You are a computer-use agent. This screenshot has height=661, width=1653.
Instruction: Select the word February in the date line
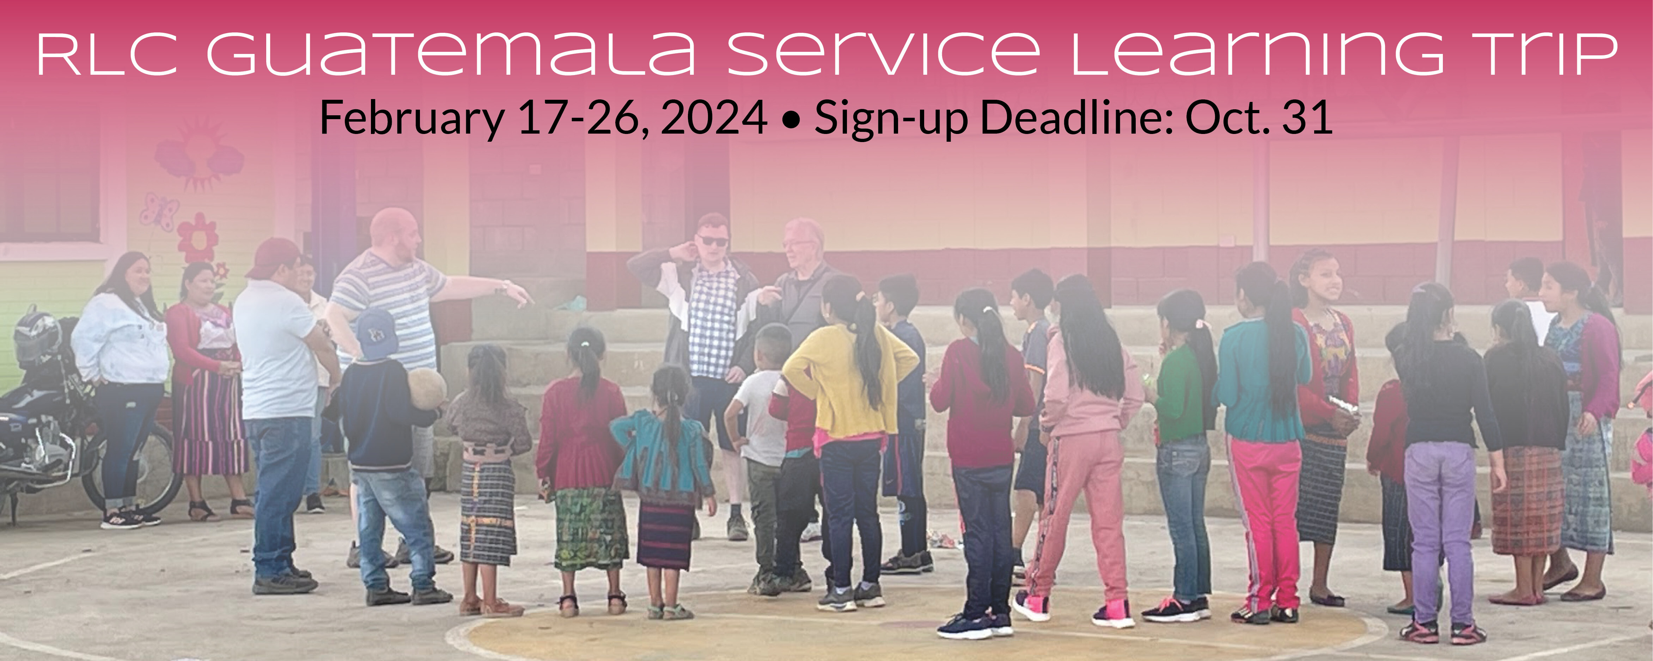click(412, 118)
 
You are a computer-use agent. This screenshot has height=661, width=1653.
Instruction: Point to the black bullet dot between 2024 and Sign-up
click(792, 120)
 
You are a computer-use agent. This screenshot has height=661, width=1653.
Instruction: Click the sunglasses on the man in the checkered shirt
click(713, 241)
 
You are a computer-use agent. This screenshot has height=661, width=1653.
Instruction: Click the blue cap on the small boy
click(376, 334)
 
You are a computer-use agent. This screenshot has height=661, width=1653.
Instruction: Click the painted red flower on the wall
click(198, 238)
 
